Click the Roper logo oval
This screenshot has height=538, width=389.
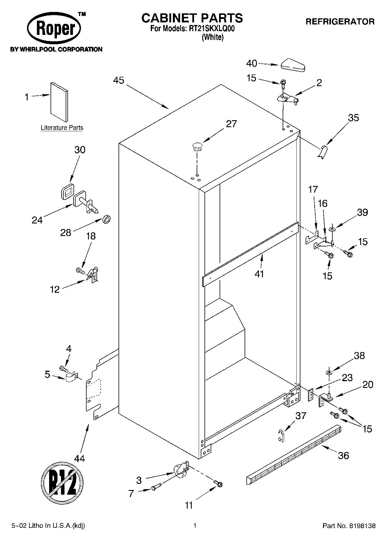click(54, 29)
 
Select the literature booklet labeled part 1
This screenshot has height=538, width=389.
click(60, 102)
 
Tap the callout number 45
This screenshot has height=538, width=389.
click(118, 80)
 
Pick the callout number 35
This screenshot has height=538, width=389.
click(353, 118)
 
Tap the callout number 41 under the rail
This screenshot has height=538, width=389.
click(259, 274)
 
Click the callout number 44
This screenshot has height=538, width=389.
click(79, 459)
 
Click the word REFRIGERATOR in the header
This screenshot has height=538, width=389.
click(340, 22)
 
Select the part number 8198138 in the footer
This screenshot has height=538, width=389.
click(363, 526)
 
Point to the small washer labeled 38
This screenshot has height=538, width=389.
click(329, 372)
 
